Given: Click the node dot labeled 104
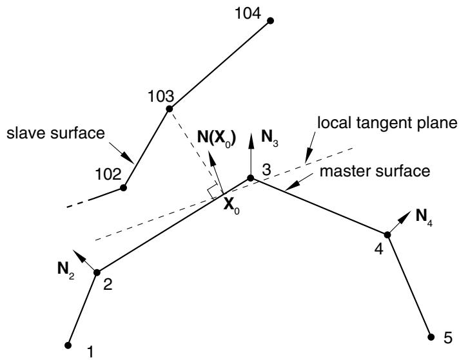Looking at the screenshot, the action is (271, 21).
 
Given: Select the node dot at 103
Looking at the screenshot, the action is (169, 109).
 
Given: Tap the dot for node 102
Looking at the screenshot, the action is (124, 188).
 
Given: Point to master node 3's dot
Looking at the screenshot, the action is (250, 178).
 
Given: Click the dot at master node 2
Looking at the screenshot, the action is (97, 272).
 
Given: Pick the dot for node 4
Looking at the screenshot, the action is (387, 234).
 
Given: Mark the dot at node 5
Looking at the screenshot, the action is (431, 337).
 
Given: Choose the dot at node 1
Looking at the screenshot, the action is (68, 345).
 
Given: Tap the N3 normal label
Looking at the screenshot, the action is (269, 138).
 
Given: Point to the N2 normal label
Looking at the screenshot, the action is (66, 270).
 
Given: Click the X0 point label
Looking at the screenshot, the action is (231, 207).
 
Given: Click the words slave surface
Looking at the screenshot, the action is (55, 133).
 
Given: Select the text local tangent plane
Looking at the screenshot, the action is (387, 123).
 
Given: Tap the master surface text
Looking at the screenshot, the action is (375, 171).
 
